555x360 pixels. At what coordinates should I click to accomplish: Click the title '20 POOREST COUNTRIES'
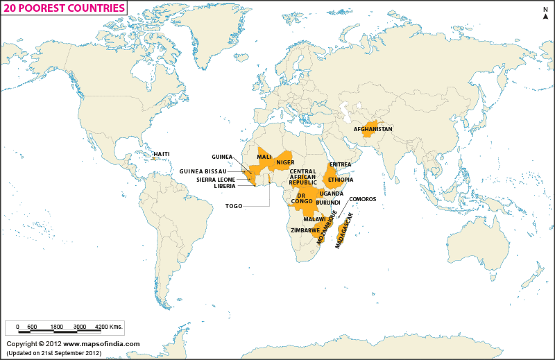point(65,8)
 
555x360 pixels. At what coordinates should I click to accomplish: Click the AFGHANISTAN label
point(373,130)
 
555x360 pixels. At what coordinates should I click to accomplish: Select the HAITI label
point(161,154)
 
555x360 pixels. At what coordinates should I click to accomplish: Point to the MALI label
point(264,157)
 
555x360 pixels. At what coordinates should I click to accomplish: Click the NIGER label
point(285,162)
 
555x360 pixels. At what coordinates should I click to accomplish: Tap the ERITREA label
point(340,165)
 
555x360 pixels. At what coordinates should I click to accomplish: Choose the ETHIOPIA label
point(341,180)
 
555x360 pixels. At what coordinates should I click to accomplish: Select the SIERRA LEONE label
point(216,179)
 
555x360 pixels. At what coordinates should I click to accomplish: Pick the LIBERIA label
point(224,186)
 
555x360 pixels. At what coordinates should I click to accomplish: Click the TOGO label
point(234,206)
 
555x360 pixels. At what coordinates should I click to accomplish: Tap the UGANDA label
point(331,194)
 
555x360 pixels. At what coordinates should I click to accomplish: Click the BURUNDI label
point(327,203)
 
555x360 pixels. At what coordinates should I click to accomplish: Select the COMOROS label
point(362,199)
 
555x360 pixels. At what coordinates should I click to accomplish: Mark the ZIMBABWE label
point(305,230)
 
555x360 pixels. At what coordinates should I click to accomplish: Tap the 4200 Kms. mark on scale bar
point(108,326)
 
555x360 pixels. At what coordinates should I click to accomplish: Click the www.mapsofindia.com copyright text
point(102,344)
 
